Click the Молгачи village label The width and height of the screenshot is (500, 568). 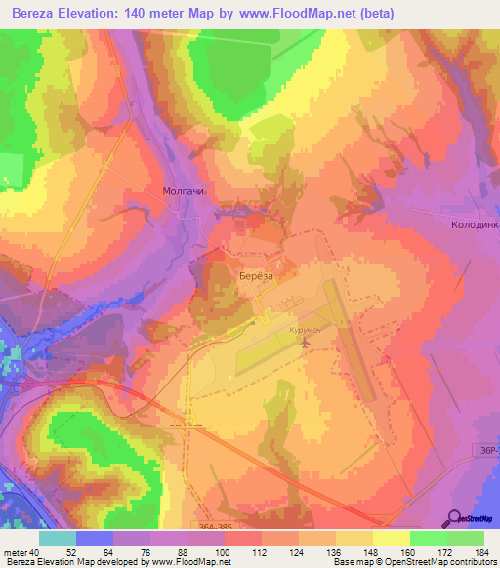[183, 192]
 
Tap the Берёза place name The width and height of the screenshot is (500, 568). [259, 277]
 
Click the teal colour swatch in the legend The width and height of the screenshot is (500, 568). [58, 538]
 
